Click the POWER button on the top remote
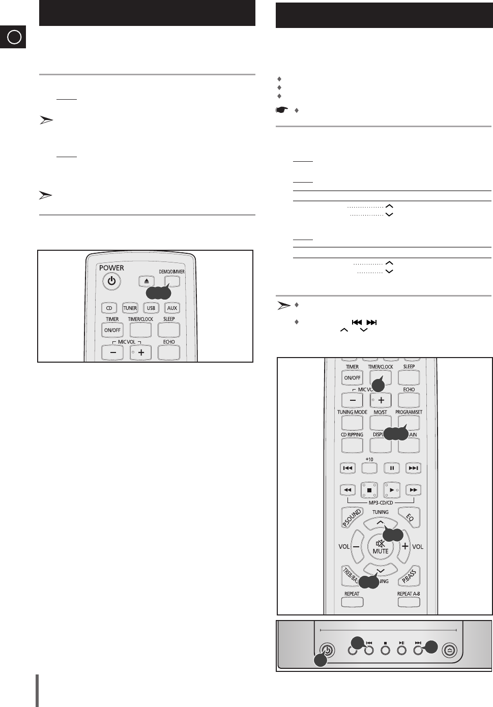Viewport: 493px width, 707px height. (111, 281)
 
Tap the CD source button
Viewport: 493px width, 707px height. (109, 308)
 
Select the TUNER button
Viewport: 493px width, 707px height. (130, 308)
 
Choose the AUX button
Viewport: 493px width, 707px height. (172, 308)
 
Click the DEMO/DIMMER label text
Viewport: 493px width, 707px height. (171, 272)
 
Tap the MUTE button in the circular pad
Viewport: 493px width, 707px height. (381, 547)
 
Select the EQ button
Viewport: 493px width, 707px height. (410, 518)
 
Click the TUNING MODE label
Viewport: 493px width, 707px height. (352, 412)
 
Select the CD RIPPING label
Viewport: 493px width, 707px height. (352, 434)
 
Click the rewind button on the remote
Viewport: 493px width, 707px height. (347, 490)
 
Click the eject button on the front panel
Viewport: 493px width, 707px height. (450, 650)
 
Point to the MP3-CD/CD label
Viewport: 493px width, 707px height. (381, 503)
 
